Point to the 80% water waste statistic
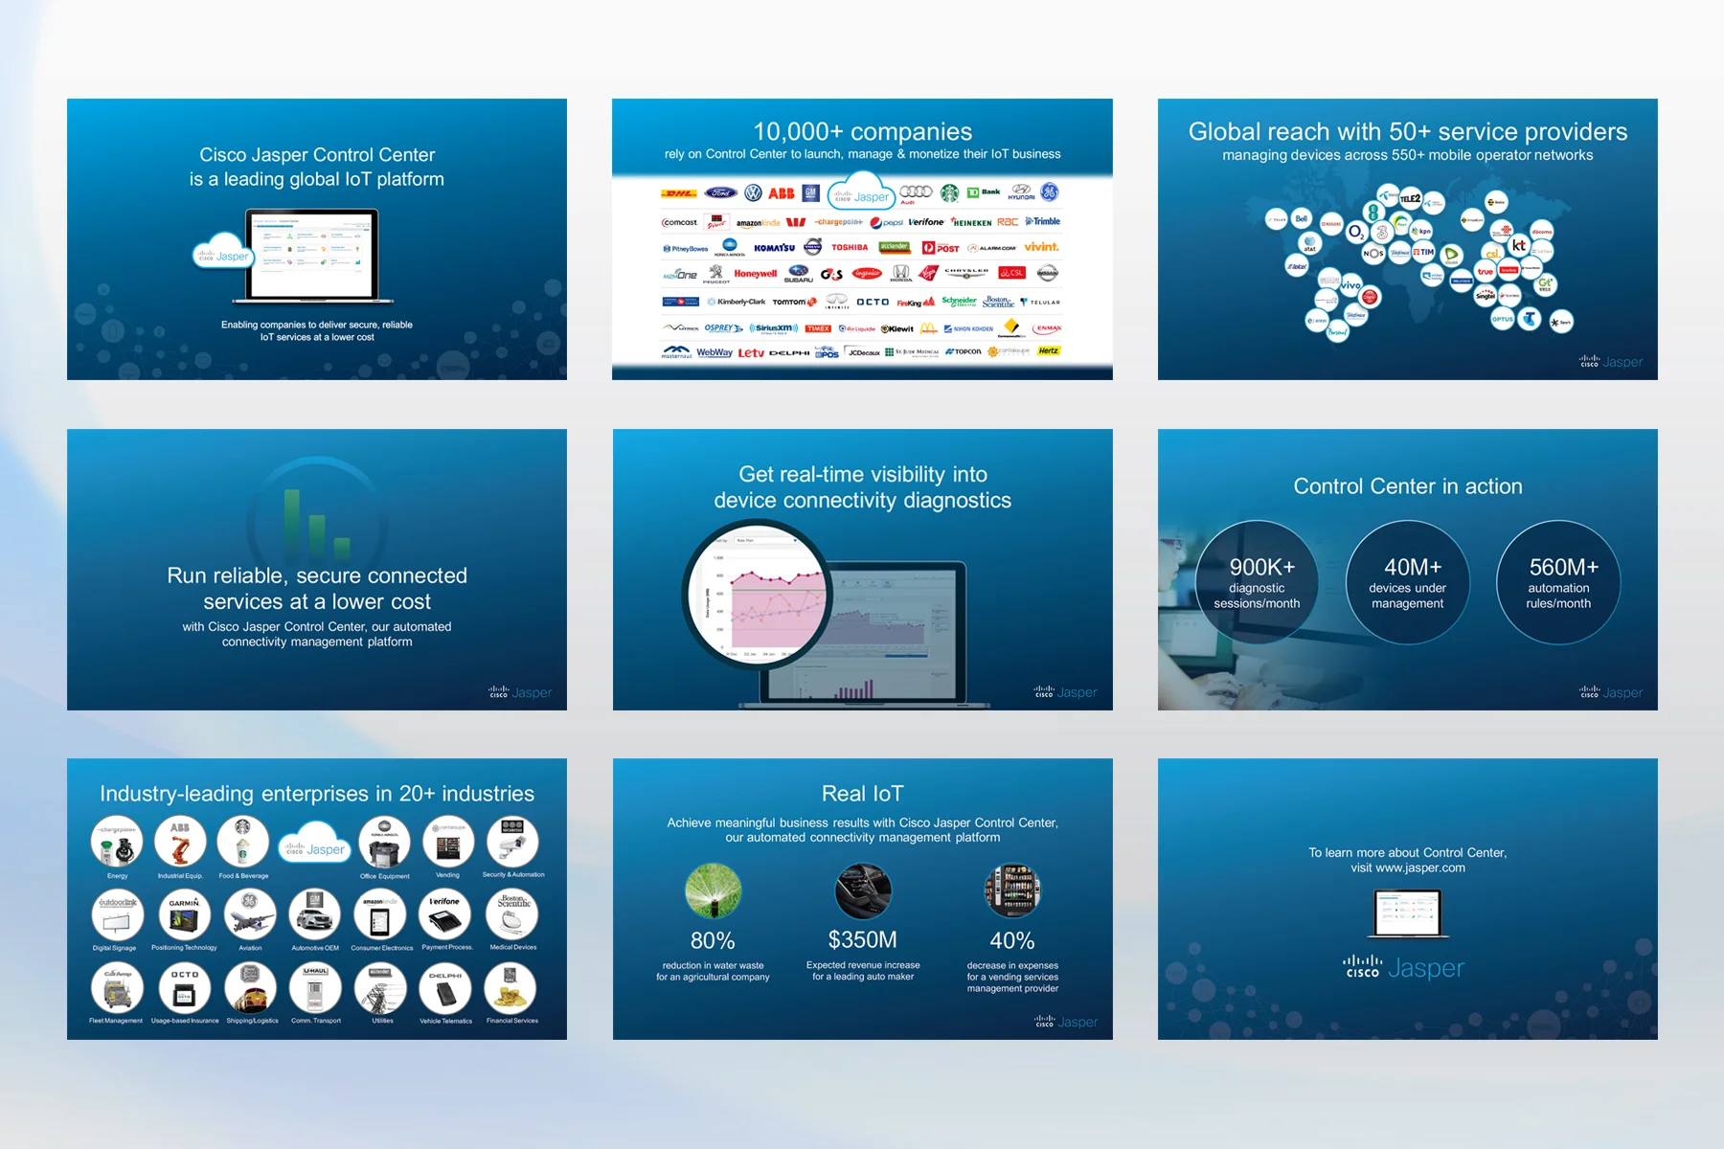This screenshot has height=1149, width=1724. pyautogui.click(x=713, y=940)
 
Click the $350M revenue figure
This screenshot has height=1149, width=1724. pyautogui.click(x=862, y=939)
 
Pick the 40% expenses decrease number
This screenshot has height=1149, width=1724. pyautogui.click(x=1011, y=940)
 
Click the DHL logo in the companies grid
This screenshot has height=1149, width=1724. pyautogui.click(x=678, y=193)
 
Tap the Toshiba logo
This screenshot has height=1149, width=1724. pyautogui.click(x=850, y=247)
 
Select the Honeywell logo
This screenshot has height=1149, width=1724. pyautogui.click(x=756, y=274)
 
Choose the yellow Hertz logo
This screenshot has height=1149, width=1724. pyautogui.click(x=1049, y=350)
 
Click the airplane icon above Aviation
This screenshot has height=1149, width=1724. pyautogui.click(x=250, y=915)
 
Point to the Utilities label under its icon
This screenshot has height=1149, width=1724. pyautogui.click(x=382, y=1021)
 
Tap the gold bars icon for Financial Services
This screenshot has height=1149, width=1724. pyautogui.click(x=510, y=989)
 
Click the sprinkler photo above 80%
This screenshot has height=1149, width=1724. pyautogui.click(x=713, y=890)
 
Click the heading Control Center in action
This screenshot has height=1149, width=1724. pyautogui.click(x=1407, y=486)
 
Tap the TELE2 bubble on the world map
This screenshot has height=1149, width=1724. pyautogui.click(x=1410, y=198)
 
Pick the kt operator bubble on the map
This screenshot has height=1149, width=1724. pyautogui.click(x=1519, y=245)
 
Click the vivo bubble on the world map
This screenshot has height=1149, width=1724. pyautogui.click(x=1350, y=284)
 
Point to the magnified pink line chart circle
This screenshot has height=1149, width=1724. pyautogui.click(x=757, y=594)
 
